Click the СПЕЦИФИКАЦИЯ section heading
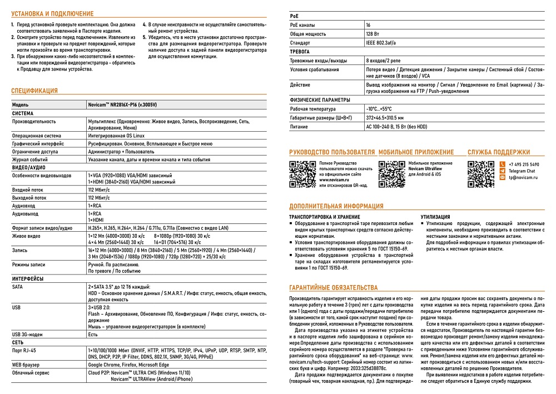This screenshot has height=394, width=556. pos(34,91)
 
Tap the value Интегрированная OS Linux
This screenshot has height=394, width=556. pos(117,134)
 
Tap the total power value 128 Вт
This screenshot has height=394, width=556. pos(373,34)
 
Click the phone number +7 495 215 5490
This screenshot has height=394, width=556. pos(524,165)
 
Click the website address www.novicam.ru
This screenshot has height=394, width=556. pos(335,180)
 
